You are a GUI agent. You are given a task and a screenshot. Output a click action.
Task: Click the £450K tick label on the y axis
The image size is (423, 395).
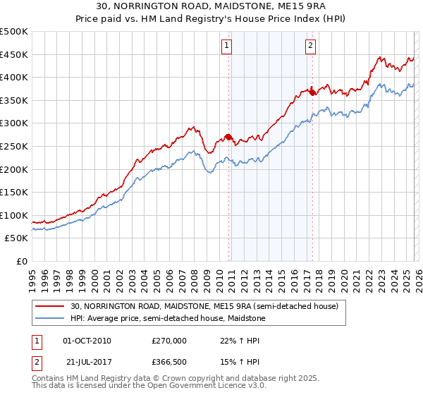pyautogui.click(x=14, y=54)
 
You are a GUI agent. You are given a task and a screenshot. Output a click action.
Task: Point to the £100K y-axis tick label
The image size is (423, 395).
pyautogui.click(x=14, y=215)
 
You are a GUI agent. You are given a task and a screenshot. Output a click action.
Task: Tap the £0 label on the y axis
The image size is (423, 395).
pyautogui.click(x=21, y=261)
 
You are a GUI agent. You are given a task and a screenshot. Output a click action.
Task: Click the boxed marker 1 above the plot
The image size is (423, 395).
pyautogui.click(x=227, y=47)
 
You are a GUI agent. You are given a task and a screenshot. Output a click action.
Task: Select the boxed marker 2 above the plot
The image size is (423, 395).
pyautogui.click(x=310, y=47)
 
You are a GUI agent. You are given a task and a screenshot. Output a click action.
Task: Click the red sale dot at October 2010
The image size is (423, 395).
pyautogui.click(x=228, y=137)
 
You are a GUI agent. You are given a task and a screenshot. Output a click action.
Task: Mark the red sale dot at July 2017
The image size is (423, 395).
pyautogui.click(x=312, y=92)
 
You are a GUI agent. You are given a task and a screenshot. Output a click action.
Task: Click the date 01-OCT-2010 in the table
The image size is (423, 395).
pyautogui.click(x=87, y=341)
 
